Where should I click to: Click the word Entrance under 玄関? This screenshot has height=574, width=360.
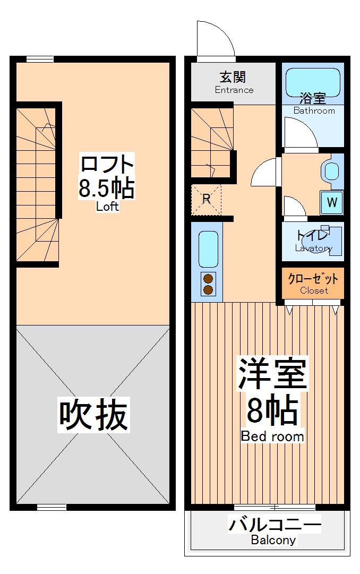coord(234,90)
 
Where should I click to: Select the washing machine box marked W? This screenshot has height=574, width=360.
coord(332,202)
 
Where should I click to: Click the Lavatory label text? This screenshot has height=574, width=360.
coord(314,248)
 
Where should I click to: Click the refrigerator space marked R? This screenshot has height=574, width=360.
coord(206,200)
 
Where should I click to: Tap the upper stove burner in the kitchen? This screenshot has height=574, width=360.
coord(208,279)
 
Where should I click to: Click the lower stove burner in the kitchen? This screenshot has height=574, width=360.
coord(208,289)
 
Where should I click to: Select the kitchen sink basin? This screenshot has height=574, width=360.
coord(208,250)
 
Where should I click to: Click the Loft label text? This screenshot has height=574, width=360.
coord(107,207)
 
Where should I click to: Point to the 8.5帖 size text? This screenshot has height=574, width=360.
coord(107,189)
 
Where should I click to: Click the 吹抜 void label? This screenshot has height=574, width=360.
coord(93,415)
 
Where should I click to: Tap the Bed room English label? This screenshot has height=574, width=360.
coord(272,436)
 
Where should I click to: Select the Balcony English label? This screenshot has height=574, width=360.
coord(273,541)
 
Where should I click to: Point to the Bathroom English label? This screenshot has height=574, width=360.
coord(314,110)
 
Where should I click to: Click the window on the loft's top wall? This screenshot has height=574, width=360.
coord(40,59)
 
